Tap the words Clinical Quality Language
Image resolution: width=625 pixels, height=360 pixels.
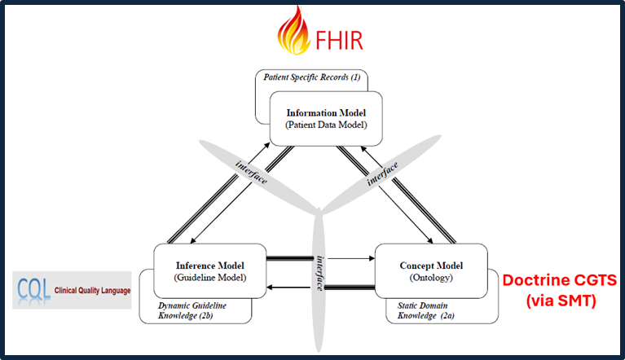pos(92,292)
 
